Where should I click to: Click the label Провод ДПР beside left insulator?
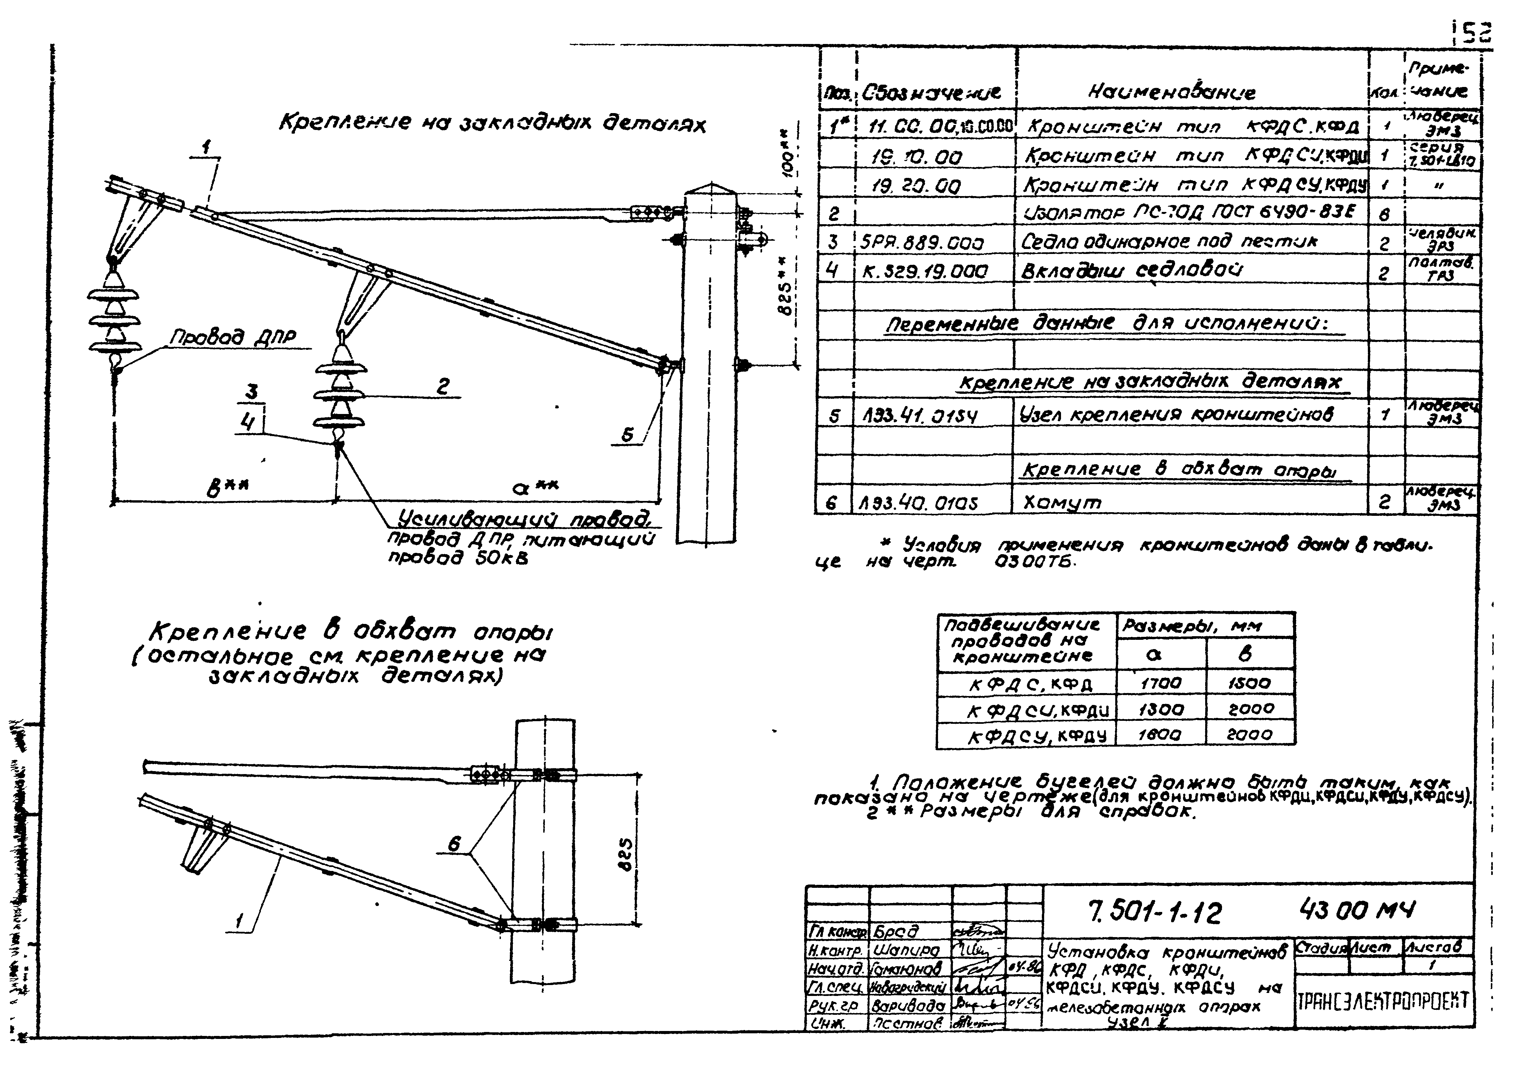(233, 338)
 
